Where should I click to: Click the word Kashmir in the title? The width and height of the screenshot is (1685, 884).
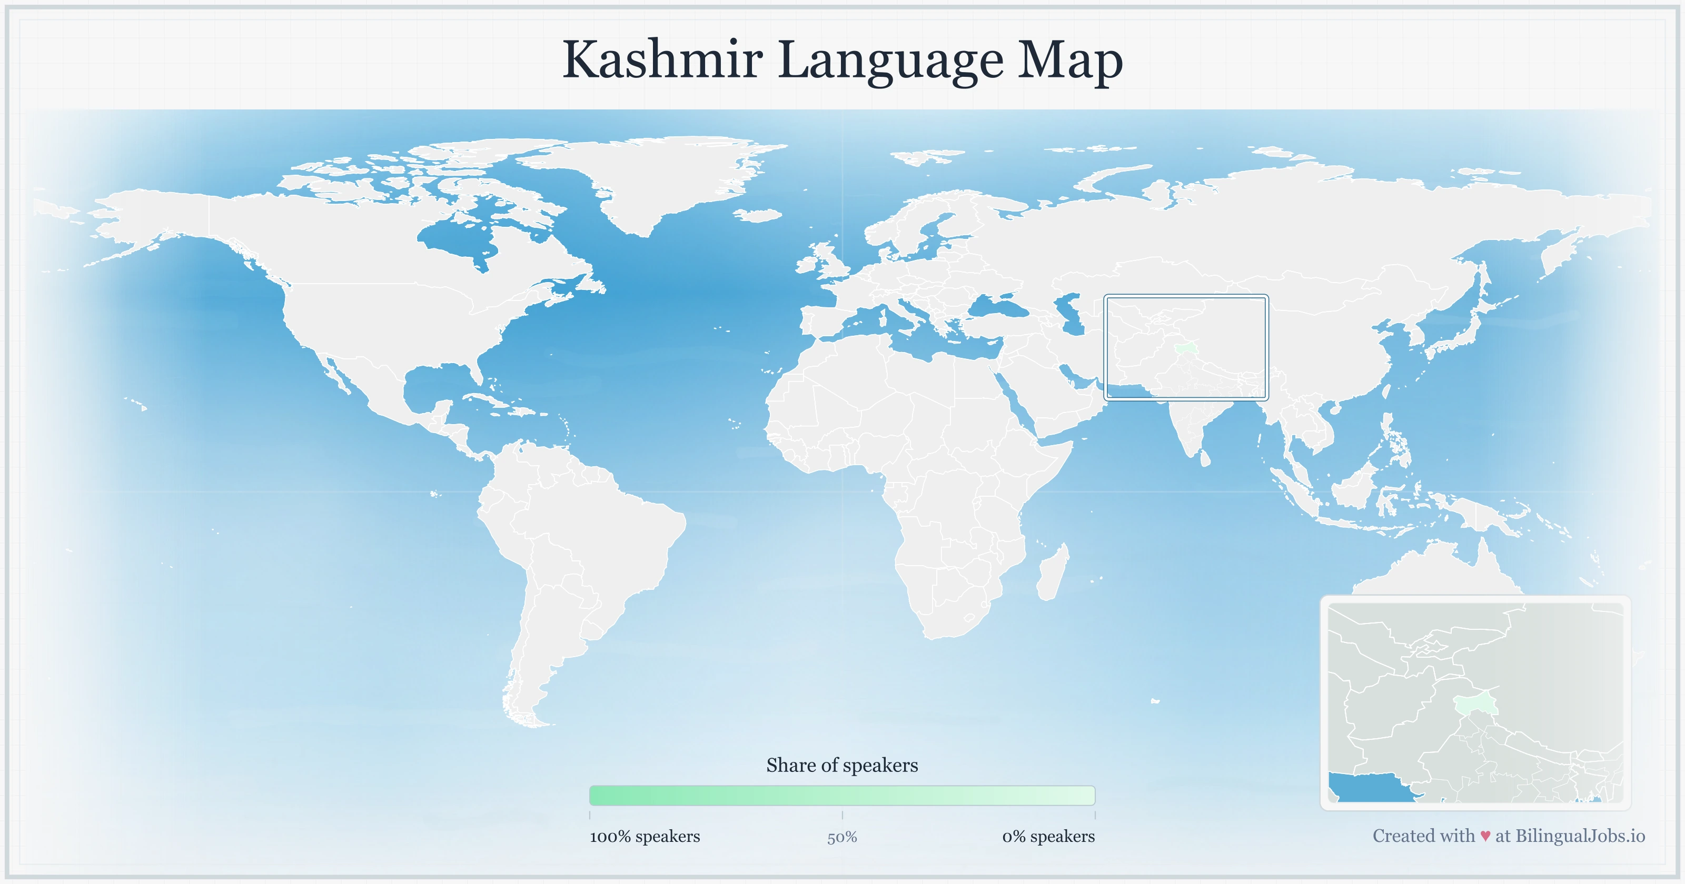[662, 60]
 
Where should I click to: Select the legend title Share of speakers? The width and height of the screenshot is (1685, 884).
[842, 765]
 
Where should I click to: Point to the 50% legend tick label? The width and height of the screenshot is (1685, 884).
[842, 837]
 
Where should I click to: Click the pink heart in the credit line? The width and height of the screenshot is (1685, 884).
[1485, 836]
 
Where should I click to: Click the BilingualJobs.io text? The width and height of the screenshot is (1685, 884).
[1580, 836]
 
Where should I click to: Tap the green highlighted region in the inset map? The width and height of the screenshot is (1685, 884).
[1474, 705]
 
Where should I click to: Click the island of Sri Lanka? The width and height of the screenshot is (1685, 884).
[1205, 457]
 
